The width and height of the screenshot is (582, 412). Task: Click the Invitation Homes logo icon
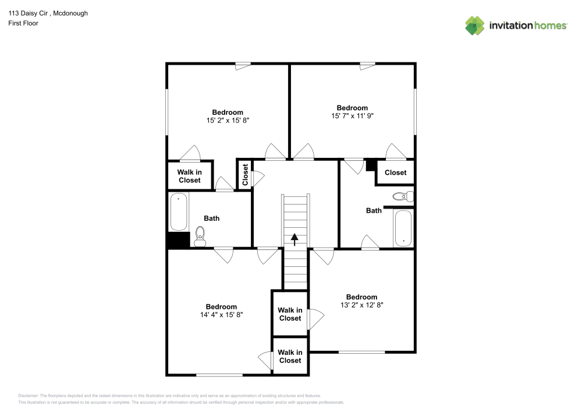475,25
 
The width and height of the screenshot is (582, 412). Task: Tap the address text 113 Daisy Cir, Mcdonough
48,13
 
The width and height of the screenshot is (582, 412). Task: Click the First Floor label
23,23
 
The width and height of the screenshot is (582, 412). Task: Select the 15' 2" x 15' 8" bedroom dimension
228,121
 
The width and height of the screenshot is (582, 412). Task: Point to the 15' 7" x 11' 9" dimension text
352,116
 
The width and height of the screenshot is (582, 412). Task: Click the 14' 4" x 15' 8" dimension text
221,315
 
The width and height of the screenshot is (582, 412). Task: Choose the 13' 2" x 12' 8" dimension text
361,305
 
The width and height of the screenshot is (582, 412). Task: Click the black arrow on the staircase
294,238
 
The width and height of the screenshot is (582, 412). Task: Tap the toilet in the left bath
200,236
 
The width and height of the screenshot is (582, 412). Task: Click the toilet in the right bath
402,196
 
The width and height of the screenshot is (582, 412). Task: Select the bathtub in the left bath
179,213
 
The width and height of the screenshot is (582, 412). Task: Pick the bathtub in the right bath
403,228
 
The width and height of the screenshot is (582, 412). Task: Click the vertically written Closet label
245,175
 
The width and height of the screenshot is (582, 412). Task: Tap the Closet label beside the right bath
395,172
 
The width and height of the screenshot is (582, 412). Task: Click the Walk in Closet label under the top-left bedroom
189,176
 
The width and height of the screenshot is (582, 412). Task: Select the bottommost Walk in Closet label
289,356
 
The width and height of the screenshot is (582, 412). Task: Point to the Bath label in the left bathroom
212,219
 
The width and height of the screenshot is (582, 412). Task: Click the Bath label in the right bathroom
374,210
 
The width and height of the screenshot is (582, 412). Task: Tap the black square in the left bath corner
179,241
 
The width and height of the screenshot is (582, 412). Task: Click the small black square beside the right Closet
371,165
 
